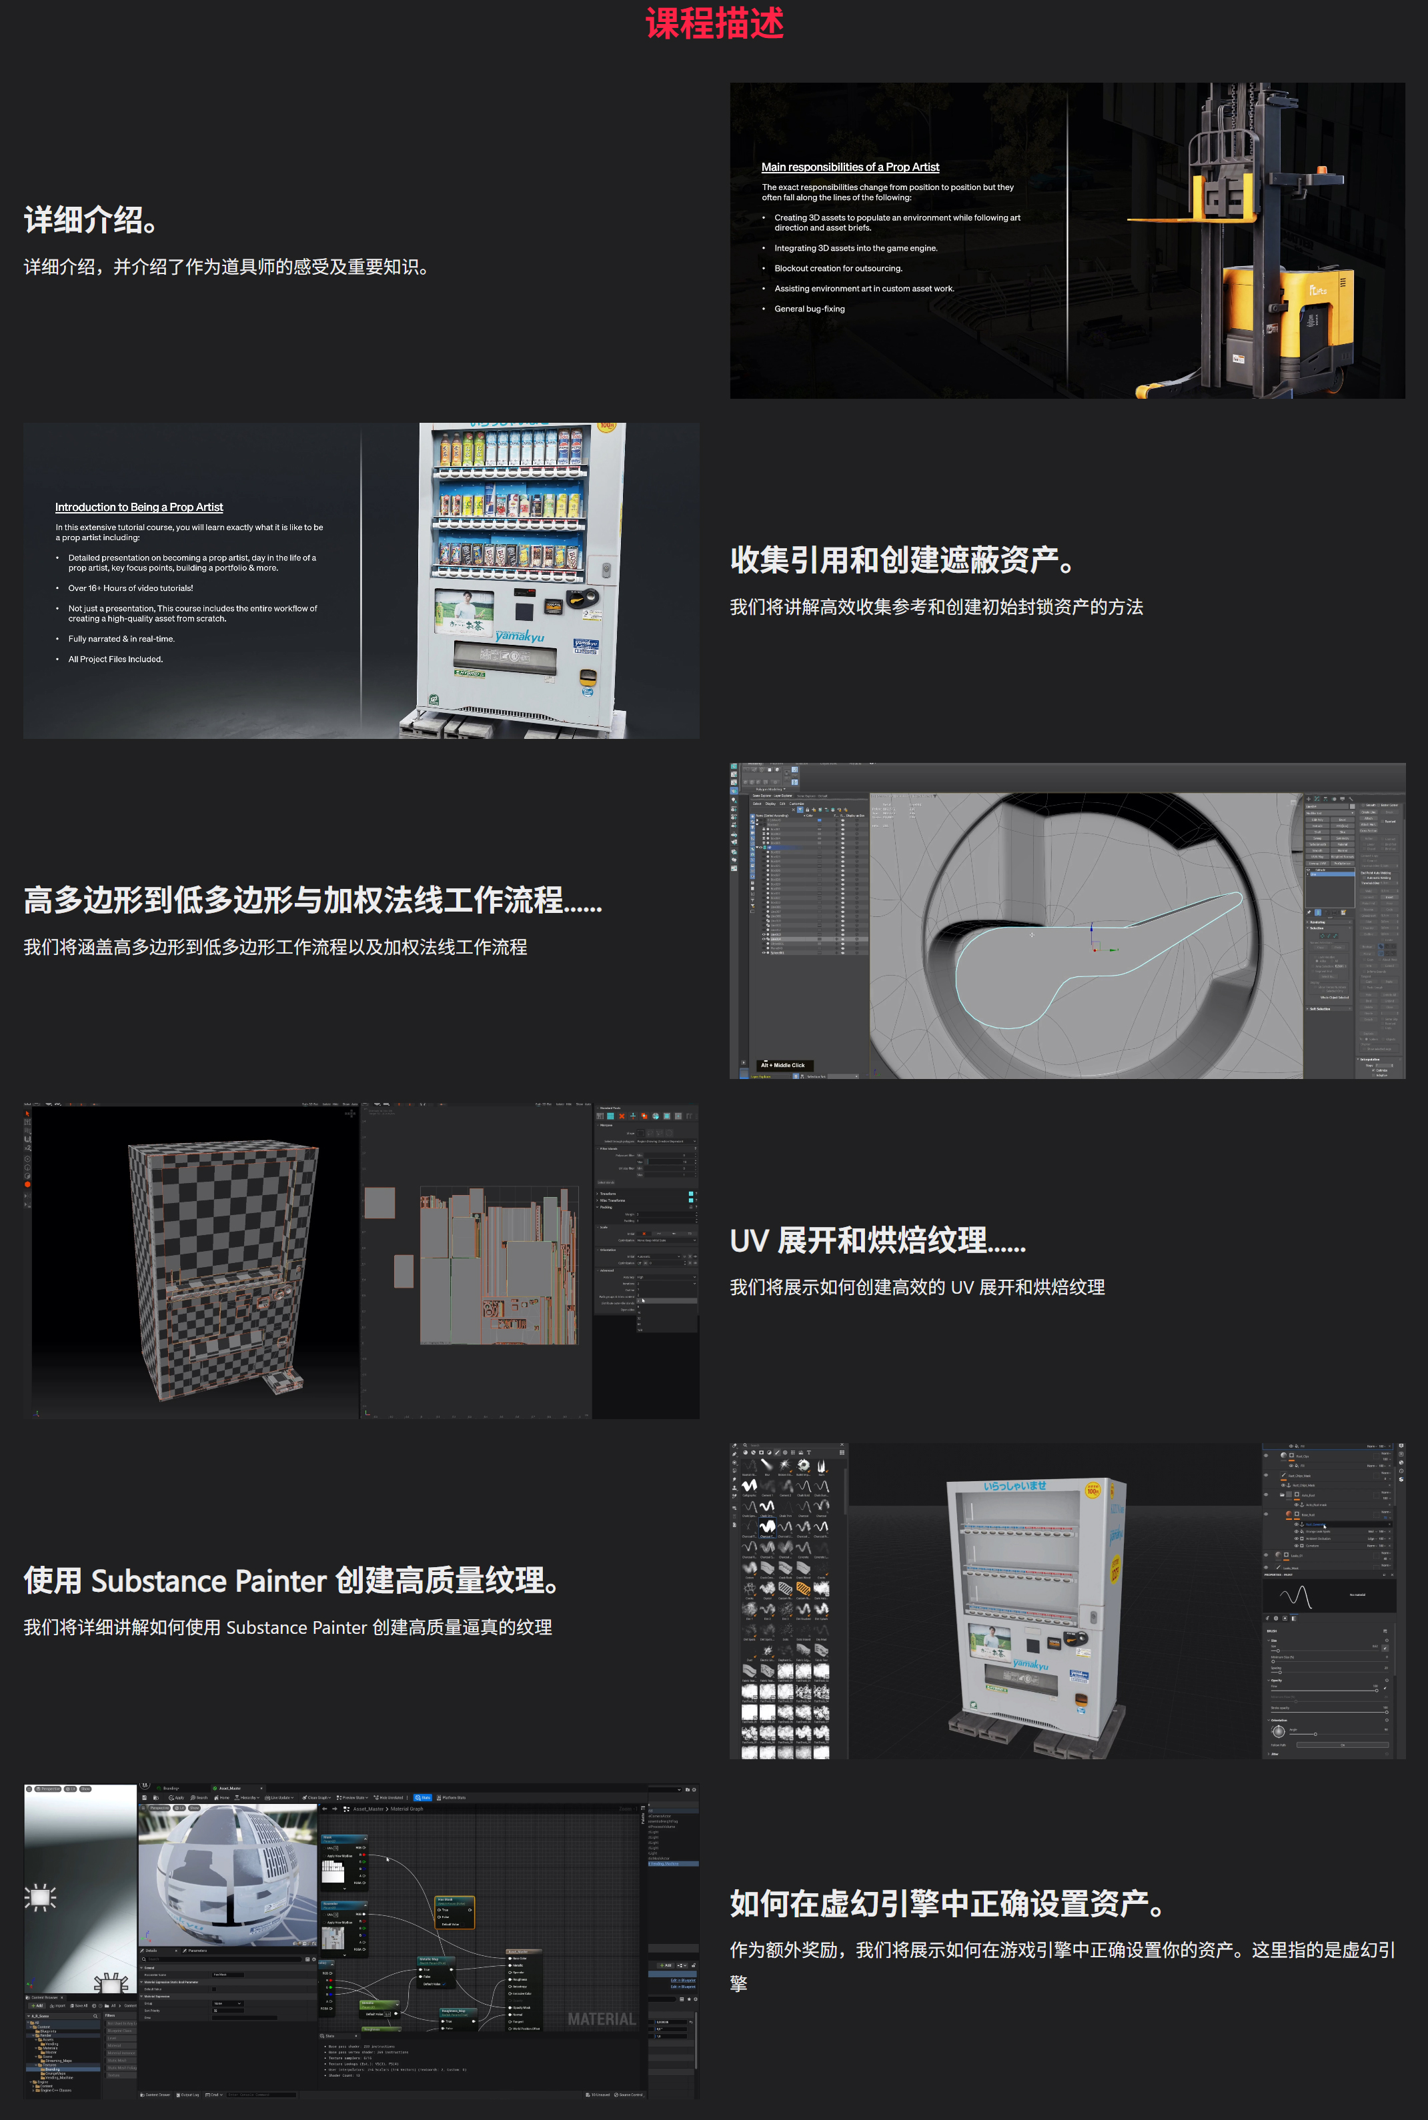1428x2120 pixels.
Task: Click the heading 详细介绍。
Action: click(x=92, y=219)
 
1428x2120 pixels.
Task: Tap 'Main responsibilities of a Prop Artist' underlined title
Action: click(x=850, y=167)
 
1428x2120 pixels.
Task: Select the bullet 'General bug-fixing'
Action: click(x=809, y=309)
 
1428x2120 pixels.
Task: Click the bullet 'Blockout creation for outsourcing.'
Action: click(x=838, y=269)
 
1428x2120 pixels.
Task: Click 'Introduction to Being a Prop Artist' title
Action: click(x=139, y=507)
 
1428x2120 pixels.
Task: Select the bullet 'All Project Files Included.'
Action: click(x=115, y=660)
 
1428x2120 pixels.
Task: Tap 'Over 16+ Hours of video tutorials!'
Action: click(x=130, y=588)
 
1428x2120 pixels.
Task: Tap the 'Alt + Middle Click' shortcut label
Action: click(x=783, y=1064)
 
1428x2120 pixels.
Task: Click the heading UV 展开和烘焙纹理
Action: click(x=876, y=1240)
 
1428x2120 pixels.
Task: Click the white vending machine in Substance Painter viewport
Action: click(x=1034, y=1603)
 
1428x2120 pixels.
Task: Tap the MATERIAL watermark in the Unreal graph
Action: click(x=601, y=2019)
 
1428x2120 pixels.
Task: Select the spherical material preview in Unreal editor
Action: click(x=227, y=1876)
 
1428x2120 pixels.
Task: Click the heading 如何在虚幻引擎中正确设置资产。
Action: click(x=947, y=1903)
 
